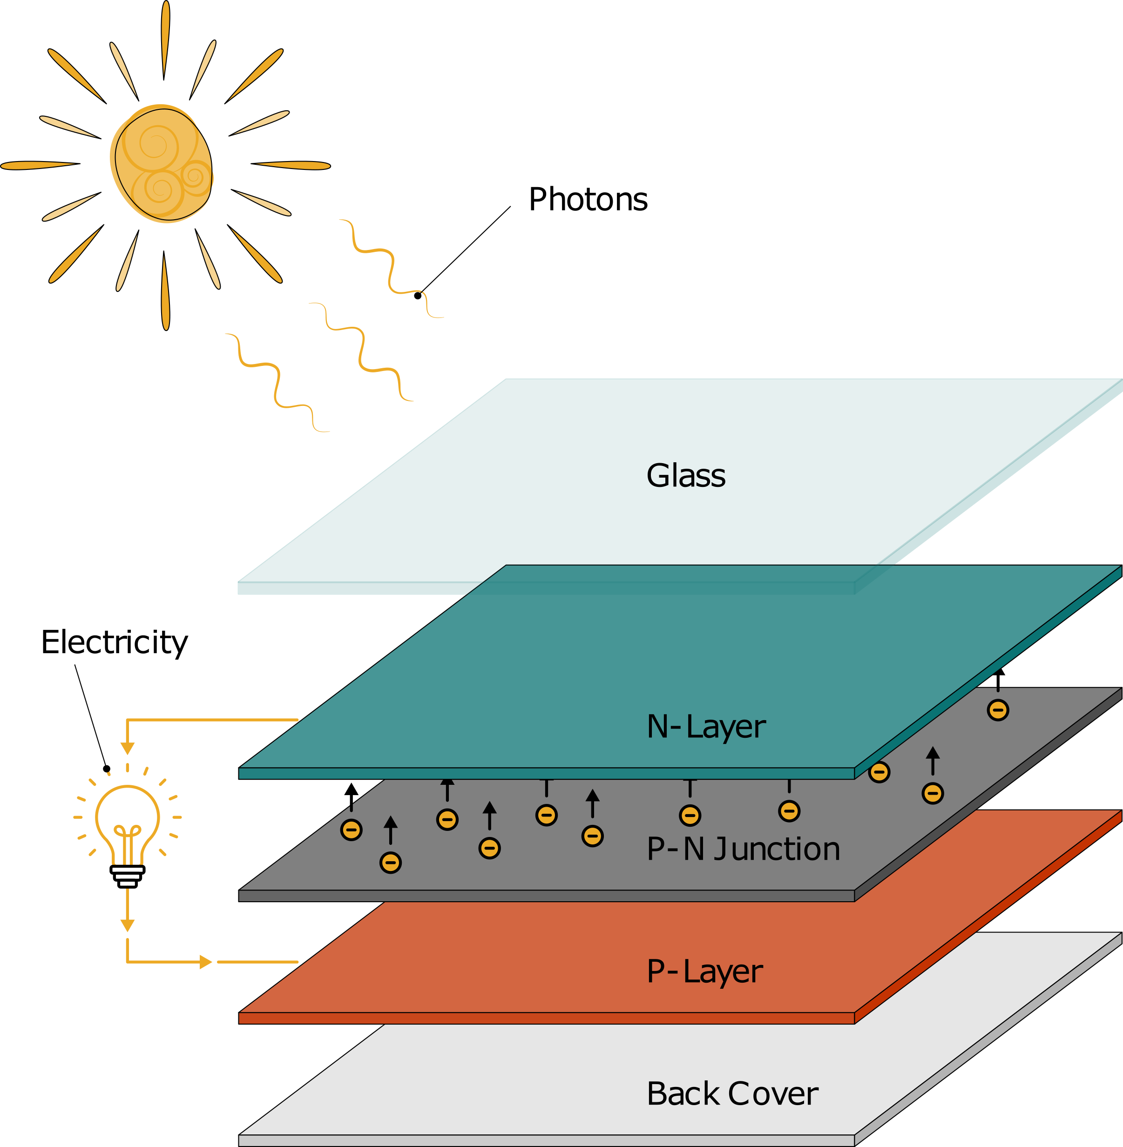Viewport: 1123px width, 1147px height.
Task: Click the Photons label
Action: point(588,199)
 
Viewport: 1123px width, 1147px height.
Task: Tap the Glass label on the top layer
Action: point(685,475)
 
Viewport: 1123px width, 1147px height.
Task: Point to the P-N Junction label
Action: point(743,849)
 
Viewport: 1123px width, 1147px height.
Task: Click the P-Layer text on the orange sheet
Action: point(704,971)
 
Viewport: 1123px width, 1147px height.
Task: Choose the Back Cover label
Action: point(732,1094)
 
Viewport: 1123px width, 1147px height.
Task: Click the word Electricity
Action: point(115,642)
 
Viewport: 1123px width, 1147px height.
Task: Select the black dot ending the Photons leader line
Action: point(418,296)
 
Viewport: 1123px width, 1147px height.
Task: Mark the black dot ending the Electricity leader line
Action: point(107,769)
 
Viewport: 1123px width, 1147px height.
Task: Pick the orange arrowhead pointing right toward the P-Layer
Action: point(205,962)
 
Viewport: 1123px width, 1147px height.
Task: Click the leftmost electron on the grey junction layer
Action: point(352,830)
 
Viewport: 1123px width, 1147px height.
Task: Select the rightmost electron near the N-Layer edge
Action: point(998,710)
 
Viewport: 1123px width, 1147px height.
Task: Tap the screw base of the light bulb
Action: point(128,876)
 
